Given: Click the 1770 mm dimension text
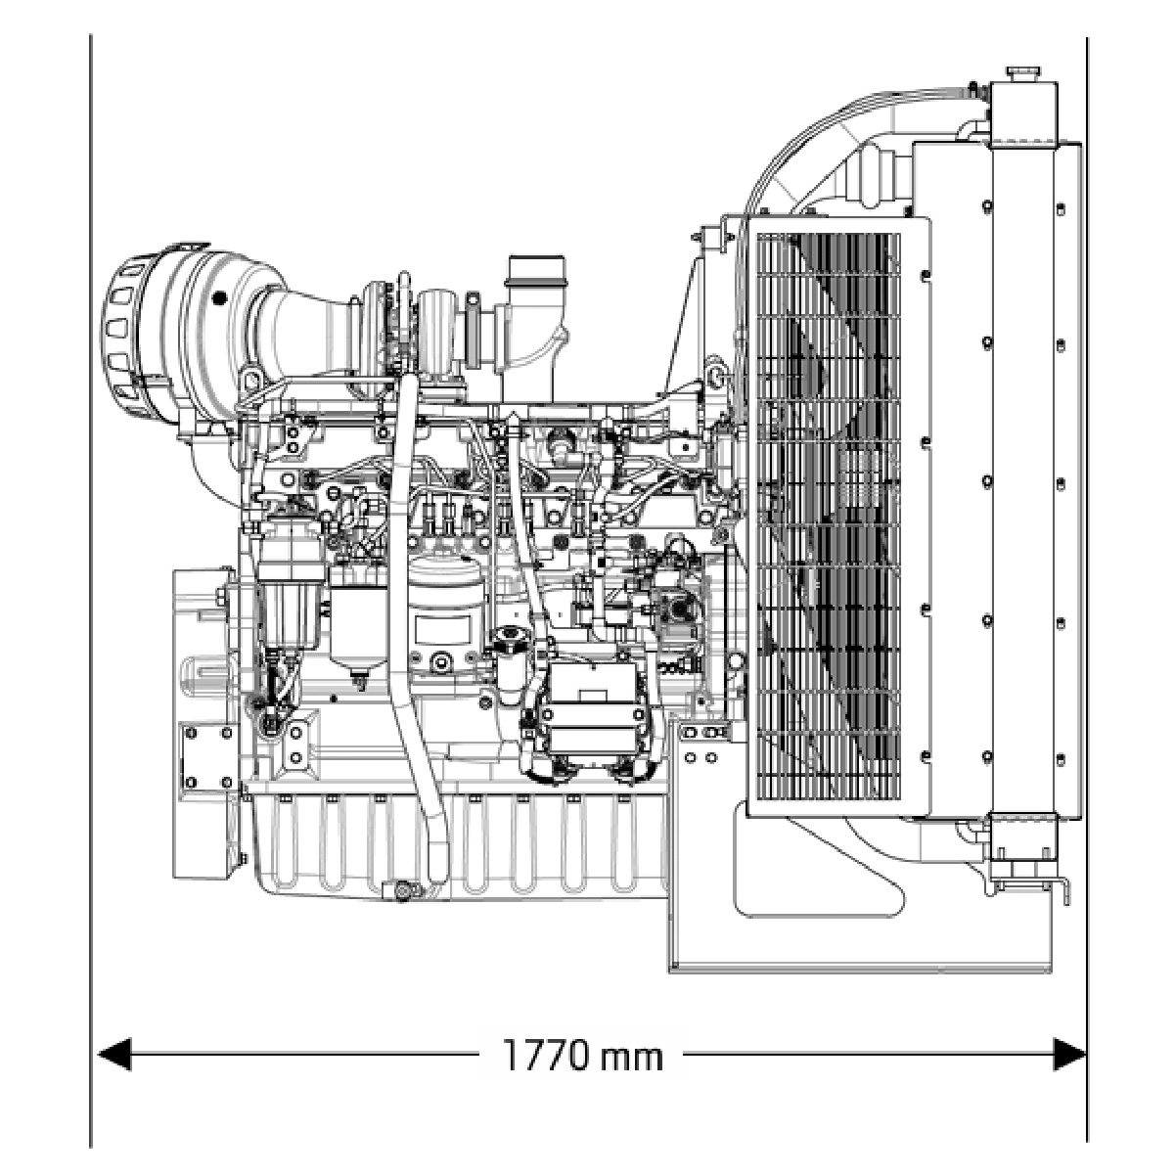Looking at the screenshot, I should pos(583,1055).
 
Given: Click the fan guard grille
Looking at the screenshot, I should pos(828,519).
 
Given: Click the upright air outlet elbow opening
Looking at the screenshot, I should pos(536,269).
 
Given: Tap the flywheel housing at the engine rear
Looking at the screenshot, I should pos(201,724).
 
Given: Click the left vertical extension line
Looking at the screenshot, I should pos(91,587).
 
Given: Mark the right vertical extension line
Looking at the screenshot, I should pos(1087,587).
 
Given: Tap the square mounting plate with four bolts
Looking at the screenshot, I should pos(207,755).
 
